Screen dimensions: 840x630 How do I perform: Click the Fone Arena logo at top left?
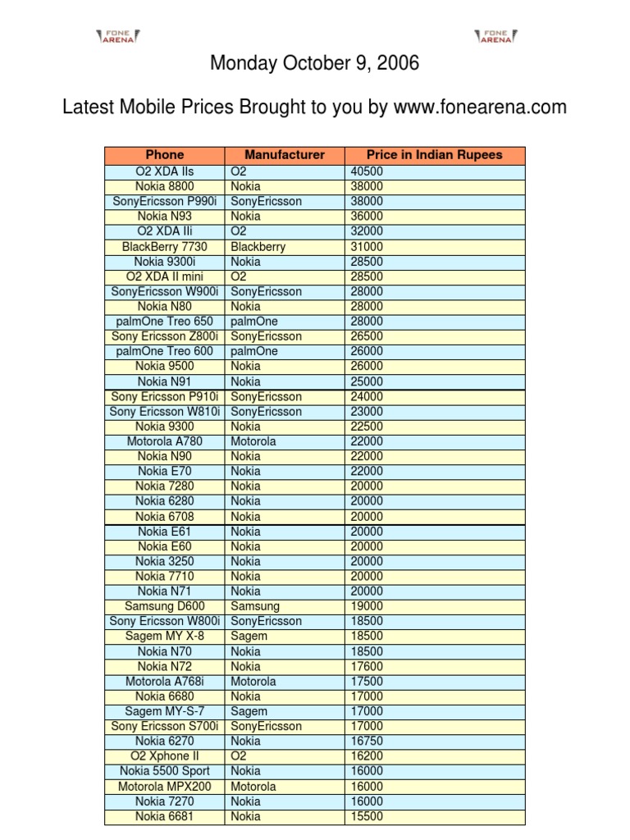(118, 34)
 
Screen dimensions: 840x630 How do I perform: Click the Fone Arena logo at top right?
(495, 34)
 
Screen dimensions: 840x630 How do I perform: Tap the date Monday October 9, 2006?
(315, 64)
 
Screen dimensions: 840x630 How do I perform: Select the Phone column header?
(165, 155)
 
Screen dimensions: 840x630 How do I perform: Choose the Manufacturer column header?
(285, 155)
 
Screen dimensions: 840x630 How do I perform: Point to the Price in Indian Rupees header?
(435, 155)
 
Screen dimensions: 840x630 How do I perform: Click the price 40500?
(367, 171)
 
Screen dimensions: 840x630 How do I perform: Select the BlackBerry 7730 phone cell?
(165, 246)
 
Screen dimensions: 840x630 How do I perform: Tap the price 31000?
(367, 246)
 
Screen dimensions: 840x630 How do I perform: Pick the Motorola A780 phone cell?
(165, 441)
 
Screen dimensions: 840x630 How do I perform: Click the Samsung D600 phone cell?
(165, 606)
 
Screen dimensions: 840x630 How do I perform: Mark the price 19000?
(367, 606)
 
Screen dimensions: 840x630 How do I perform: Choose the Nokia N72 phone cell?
(165, 666)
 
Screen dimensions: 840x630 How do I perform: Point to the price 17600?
(367, 666)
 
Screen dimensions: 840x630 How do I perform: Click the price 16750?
(367, 741)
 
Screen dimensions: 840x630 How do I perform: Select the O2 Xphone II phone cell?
(165, 756)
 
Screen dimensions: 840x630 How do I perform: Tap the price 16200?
(367, 756)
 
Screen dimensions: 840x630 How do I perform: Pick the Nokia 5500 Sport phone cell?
(165, 771)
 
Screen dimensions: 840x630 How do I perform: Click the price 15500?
(367, 816)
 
